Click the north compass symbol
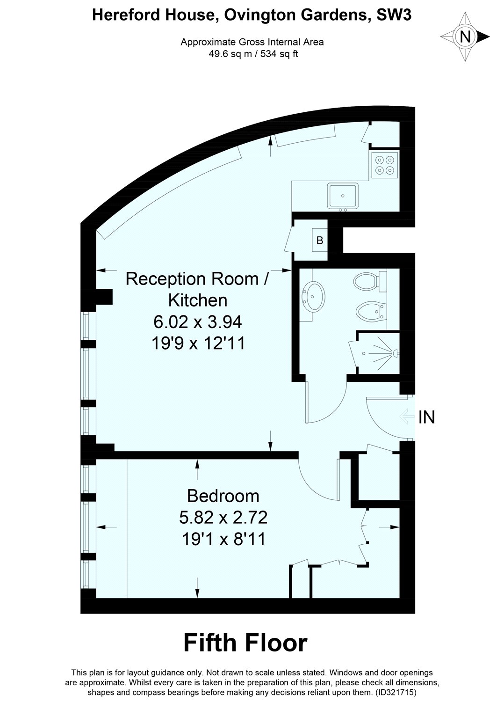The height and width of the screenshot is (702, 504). (x=465, y=37)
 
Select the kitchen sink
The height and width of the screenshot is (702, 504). (x=343, y=195)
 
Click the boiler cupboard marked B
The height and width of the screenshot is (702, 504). (x=320, y=241)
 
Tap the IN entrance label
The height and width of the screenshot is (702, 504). (x=426, y=417)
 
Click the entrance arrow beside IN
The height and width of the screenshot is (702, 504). (x=407, y=416)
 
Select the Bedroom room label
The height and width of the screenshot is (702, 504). (x=223, y=495)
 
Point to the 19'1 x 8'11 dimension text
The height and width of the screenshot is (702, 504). (x=223, y=540)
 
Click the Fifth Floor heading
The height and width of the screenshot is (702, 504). (x=245, y=643)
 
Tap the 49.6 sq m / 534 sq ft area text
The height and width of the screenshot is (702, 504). (x=253, y=53)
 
